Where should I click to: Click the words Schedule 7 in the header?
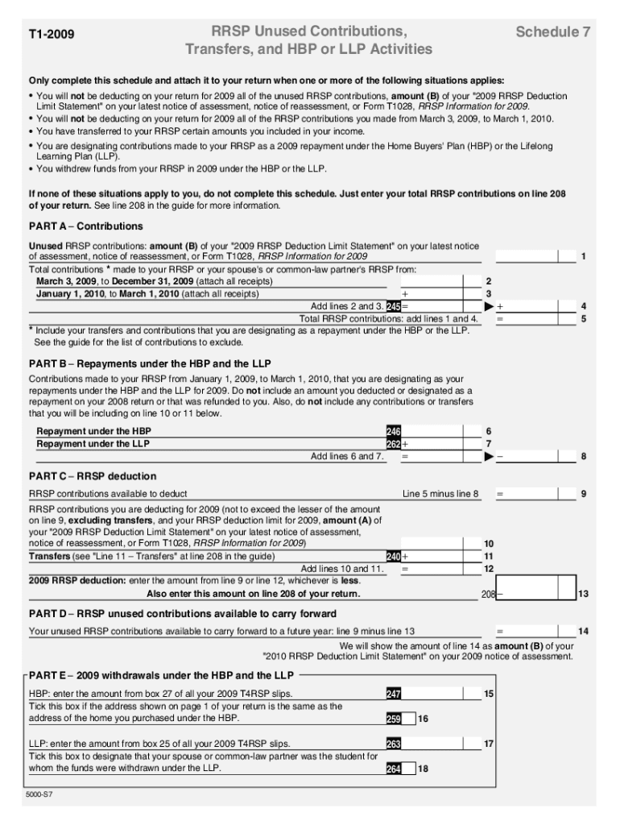(x=553, y=32)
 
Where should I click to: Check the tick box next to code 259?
(x=408, y=719)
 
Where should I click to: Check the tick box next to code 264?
(x=408, y=769)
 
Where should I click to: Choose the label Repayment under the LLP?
(x=93, y=444)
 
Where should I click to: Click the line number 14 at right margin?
(x=583, y=630)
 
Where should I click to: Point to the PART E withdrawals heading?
(x=161, y=675)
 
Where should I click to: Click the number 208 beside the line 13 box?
(x=487, y=595)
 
